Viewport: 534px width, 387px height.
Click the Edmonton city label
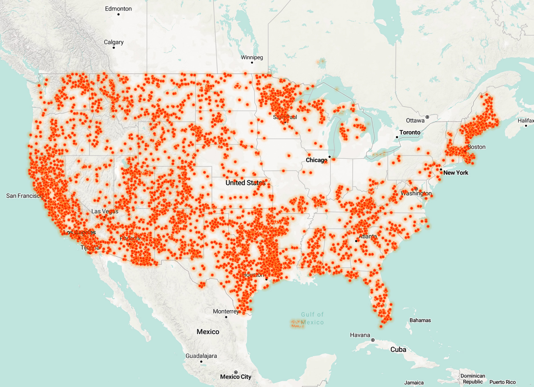[118, 9]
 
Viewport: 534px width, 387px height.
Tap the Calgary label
[114, 42]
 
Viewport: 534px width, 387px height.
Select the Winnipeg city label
[252, 57]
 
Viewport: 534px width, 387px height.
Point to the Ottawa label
[415, 120]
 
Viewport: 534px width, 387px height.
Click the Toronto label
[410, 132]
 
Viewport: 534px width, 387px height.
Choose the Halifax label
[525, 120]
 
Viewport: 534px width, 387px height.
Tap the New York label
[456, 173]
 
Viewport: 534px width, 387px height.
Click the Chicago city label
[316, 160]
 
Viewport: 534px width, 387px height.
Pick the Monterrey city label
[226, 311]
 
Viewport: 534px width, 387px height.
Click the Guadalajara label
[201, 356]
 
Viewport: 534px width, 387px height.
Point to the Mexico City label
[236, 377]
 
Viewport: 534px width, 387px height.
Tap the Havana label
[360, 335]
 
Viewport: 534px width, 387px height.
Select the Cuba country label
[398, 349]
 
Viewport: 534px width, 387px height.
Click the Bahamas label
[420, 320]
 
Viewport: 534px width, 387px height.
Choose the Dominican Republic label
[472, 379]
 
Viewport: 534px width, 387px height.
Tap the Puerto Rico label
[502, 382]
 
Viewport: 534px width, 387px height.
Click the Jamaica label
[414, 383]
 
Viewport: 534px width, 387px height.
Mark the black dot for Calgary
[114, 48]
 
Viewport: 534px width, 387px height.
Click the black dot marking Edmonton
[118, 14]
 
